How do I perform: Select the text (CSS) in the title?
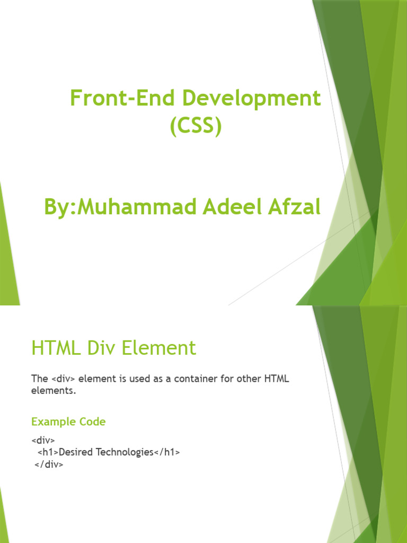[196, 127]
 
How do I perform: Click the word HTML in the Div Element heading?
[54, 348]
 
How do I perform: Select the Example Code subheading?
[68, 422]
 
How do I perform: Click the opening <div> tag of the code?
[43, 441]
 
